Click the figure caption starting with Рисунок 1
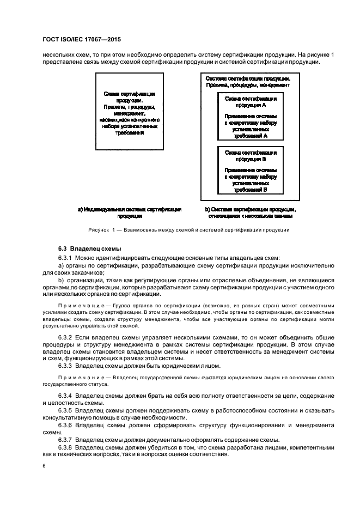190,229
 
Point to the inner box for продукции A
250,117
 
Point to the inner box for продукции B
250,171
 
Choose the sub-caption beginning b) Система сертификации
250,212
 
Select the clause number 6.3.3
66,366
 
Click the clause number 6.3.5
66,409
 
